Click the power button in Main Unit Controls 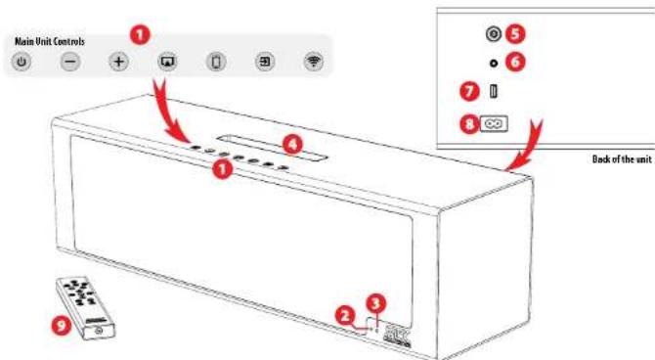pyautogui.click(x=23, y=62)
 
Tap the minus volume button pyautogui.click(x=70, y=62)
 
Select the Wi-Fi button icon pyautogui.click(x=313, y=62)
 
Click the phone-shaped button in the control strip pyautogui.click(x=217, y=62)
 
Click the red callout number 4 pyautogui.click(x=288, y=143)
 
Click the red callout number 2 pyautogui.click(x=343, y=315)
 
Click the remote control pyautogui.click(x=85, y=303)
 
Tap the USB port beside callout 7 pyautogui.click(x=494, y=92)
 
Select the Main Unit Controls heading pyautogui.click(x=49, y=41)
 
